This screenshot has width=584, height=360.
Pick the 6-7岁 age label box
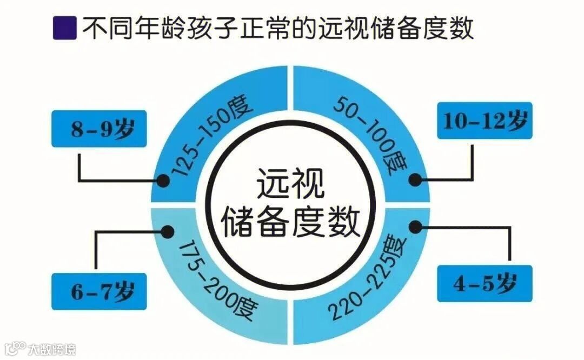click(x=99, y=291)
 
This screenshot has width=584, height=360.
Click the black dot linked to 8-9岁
click(x=162, y=180)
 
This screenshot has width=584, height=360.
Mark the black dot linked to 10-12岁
click(x=415, y=180)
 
